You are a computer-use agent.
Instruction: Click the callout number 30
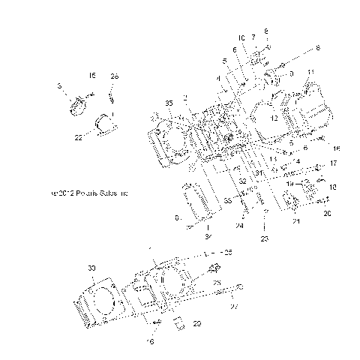91,268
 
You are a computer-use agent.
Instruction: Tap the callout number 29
197,323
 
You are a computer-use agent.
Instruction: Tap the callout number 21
295,222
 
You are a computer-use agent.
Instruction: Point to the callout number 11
311,71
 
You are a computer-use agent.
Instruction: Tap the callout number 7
253,37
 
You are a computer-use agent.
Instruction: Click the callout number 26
114,76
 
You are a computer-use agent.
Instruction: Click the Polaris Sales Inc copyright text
88,193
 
